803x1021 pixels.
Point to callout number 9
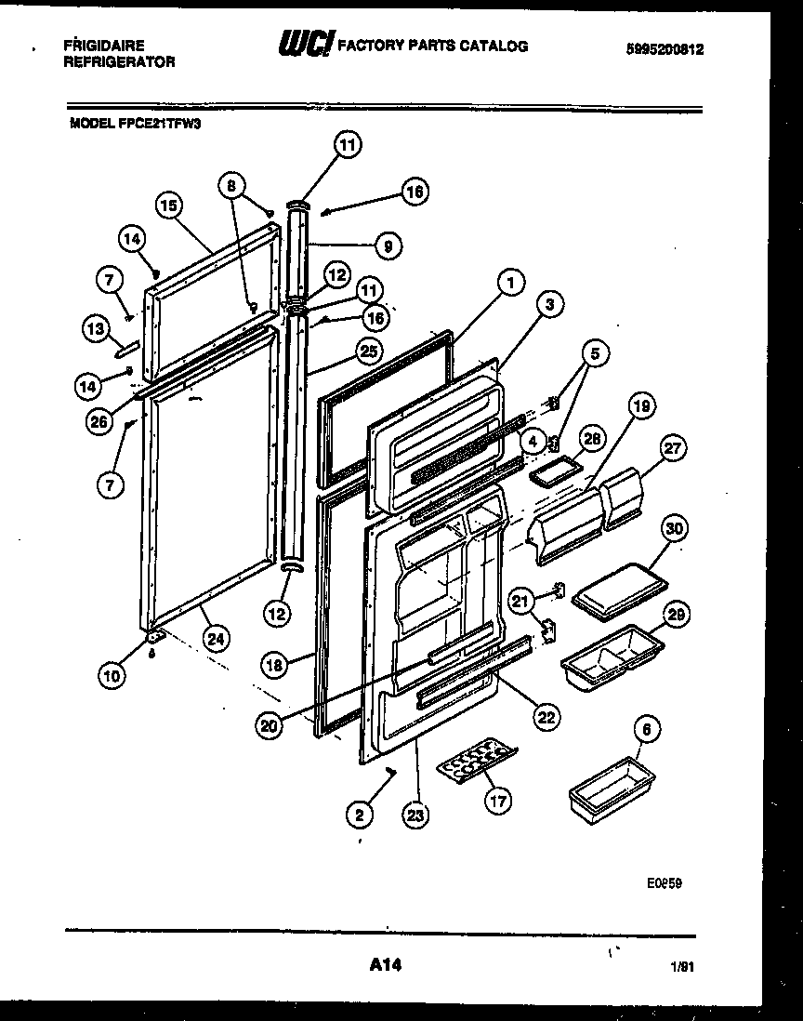[388, 245]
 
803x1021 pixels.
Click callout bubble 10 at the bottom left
[112, 676]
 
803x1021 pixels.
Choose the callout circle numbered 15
[168, 206]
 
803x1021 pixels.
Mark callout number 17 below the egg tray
[499, 801]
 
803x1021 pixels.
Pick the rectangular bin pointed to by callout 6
[603, 783]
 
